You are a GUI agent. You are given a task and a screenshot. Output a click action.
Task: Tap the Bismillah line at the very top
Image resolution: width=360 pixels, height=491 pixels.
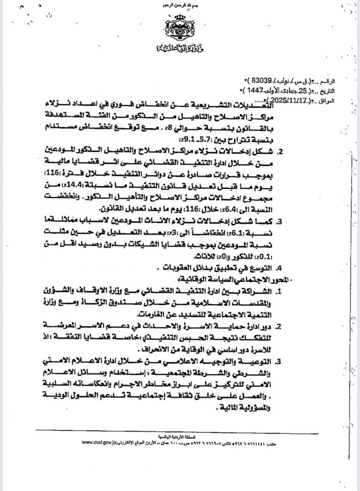[x=180, y=5]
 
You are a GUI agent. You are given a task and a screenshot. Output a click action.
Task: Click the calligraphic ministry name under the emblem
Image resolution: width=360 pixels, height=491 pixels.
[x=180, y=47]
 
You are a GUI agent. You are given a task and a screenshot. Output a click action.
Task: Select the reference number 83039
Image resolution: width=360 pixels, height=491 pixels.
[x=263, y=80]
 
